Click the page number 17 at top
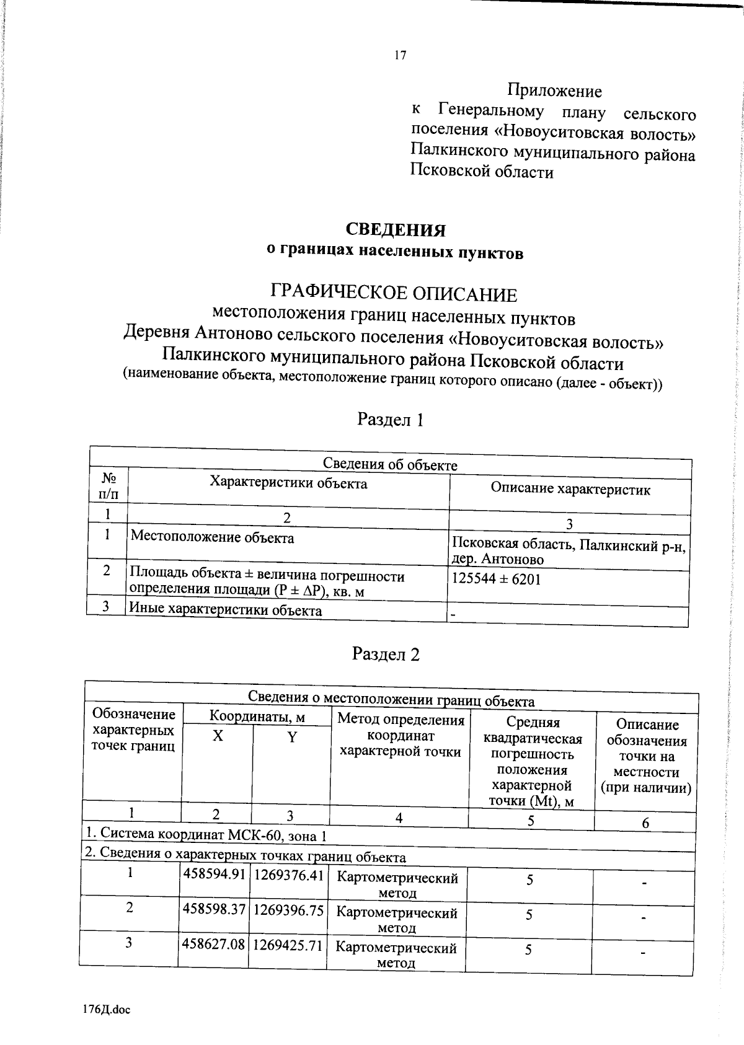[x=400, y=56]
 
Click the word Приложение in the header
[x=554, y=91]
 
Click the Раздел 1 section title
[x=391, y=420]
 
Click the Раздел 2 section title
[x=386, y=654]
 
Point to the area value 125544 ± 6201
[x=497, y=579]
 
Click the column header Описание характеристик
[x=570, y=489]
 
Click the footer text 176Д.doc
[x=106, y=1009]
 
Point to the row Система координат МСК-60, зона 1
[x=206, y=836]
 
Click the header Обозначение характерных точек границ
[x=133, y=730]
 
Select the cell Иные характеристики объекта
[x=225, y=610]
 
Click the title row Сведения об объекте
[x=390, y=465]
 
